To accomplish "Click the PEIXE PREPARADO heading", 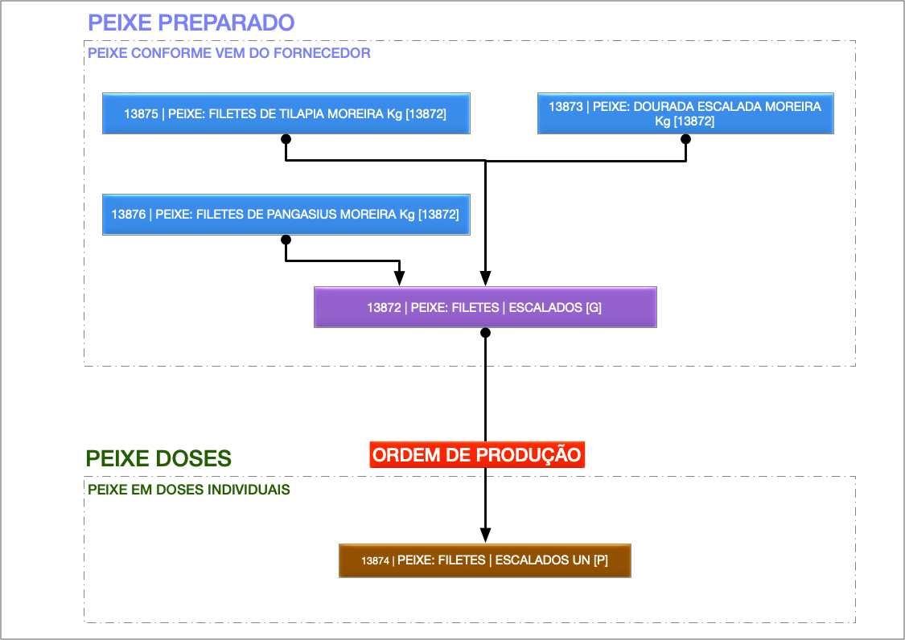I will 191,23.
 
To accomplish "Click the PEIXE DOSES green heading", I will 158,459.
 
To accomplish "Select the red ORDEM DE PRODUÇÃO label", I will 477,455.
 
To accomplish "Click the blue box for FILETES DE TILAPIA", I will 286,113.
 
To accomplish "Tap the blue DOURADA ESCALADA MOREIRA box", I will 685,113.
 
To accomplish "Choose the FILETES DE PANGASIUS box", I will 286,215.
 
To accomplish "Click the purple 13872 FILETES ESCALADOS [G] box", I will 485,307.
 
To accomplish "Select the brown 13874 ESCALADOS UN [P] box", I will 485,560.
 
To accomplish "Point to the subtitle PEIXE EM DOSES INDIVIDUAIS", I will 188,489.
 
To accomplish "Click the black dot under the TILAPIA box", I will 286,139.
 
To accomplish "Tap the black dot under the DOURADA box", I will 686,139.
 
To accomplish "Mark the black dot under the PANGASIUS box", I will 286,240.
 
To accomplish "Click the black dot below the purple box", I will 485,332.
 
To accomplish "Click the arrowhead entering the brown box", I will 485,535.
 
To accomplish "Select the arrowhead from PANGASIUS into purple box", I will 400,277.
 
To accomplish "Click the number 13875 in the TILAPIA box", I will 141,114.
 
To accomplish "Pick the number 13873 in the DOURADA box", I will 566,106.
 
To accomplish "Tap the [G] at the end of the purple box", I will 594,307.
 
